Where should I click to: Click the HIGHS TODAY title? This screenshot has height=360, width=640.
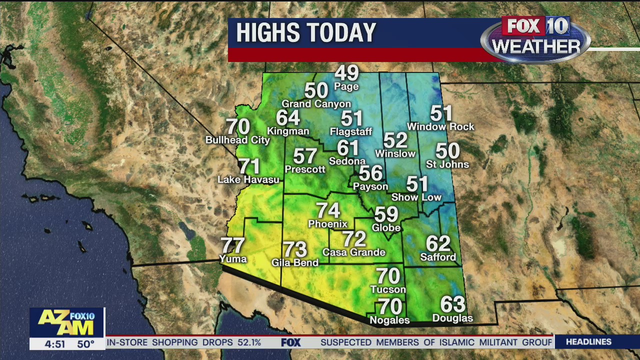[x=305, y=33]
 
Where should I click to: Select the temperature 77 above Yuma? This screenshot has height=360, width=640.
[x=233, y=245]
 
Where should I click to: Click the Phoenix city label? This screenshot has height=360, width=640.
[x=328, y=223]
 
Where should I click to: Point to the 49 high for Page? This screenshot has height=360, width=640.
[x=346, y=73]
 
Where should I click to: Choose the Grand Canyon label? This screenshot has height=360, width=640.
[x=316, y=104]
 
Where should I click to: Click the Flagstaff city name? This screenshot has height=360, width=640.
[x=351, y=132]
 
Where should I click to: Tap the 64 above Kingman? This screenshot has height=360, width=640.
[x=288, y=118]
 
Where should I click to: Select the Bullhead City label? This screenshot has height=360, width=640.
[x=237, y=140]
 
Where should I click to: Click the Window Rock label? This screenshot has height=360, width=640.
[x=440, y=127]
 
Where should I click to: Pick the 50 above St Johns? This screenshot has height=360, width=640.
[x=447, y=150]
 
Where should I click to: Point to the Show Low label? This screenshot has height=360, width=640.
[x=416, y=197]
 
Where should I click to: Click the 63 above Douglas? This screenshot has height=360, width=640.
[x=452, y=304]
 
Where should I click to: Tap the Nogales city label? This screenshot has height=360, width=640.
[x=389, y=320]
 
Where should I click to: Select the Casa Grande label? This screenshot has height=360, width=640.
[x=353, y=252]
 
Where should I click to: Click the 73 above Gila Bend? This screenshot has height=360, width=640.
[x=295, y=249]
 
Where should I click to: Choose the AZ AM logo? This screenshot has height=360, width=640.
[x=67, y=322]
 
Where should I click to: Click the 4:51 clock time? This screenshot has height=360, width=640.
[x=55, y=344]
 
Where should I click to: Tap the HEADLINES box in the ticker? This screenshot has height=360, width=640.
[x=588, y=342]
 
